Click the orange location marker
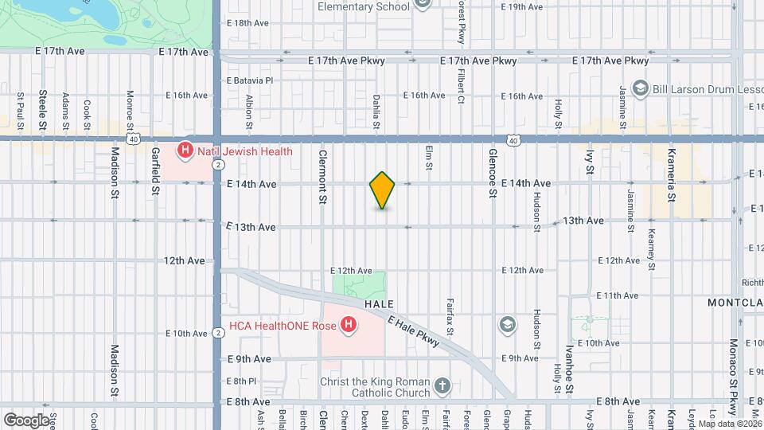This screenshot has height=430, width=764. [383, 190]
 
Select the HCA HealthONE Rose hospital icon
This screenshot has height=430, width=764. [347, 324]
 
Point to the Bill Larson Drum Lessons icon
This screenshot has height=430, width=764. [639, 88]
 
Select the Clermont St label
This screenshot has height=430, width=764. [323, 177]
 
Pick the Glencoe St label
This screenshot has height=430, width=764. [493, 177]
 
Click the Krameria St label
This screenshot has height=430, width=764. [672, 175]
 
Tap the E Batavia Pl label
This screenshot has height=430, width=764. [250, 80]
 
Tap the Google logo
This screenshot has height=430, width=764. [26, 420]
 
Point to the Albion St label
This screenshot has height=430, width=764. [249, 112]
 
